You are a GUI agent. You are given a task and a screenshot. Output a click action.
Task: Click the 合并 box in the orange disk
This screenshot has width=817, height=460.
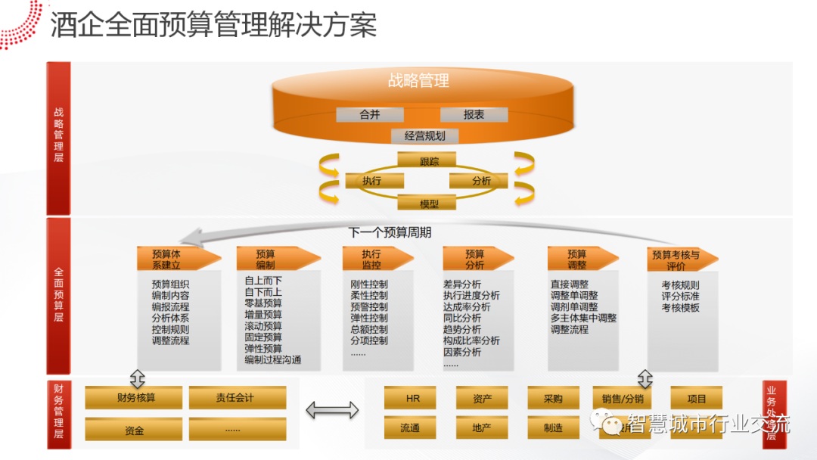[370, 115]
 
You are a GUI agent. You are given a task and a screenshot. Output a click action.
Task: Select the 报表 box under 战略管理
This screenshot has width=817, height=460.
[474, 115]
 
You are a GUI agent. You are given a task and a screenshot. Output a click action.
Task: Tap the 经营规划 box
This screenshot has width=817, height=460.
[424, 136]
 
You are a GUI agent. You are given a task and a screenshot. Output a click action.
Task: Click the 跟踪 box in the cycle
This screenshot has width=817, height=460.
[428, 160]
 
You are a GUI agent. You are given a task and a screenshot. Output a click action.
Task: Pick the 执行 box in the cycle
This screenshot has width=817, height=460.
[374, 182]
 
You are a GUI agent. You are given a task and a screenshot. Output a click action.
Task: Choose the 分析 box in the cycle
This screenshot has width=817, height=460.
[481, 182]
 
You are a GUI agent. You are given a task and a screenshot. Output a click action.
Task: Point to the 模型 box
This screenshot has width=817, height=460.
[428, 204]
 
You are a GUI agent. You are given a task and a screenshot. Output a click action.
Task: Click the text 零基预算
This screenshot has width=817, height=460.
[263, 303]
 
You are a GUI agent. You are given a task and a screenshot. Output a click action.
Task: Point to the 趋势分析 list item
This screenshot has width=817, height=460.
[462, 330]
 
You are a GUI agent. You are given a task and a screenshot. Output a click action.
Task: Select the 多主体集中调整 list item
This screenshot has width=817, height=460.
[583, 319]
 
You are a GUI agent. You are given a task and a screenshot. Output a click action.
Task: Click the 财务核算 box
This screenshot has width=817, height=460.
[134, 398]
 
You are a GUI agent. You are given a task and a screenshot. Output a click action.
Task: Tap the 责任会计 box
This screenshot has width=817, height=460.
[237, 398]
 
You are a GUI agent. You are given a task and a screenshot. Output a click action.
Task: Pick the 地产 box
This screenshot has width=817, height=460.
[481, 427]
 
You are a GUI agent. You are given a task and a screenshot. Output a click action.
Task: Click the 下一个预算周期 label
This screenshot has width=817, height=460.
[390, 233]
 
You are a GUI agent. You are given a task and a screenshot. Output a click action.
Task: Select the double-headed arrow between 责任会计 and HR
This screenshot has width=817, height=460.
[332, 411]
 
